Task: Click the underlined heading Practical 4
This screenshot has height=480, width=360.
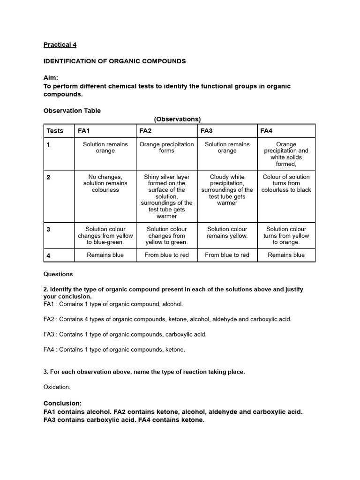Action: pos(60,45)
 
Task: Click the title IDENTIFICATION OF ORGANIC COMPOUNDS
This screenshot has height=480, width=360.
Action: pos(114,61)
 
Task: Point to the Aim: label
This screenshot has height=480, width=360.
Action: pos(51,78)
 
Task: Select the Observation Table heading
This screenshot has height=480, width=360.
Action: pos(72,111)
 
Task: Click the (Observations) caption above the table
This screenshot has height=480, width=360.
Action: pos(177,119)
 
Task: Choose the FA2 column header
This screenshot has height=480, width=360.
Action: pos(145,131)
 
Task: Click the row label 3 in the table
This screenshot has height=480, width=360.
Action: pos(49,230)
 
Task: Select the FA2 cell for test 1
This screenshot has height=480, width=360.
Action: pos(166,148)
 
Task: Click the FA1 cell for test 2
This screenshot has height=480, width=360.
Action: pos(105,183)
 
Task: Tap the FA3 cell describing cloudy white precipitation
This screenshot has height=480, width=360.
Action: pos(227,190)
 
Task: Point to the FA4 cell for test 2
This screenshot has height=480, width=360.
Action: pos(286,183)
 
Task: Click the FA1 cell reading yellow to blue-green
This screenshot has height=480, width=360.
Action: pos(105,236)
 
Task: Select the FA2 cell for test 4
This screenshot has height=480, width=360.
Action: pos(166,255)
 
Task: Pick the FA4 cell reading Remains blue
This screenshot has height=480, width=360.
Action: pos(286,255)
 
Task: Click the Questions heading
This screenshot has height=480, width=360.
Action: pos(58,274)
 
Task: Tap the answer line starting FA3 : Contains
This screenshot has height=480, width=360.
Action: pos(125,334)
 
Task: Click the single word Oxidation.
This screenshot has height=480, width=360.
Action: pos(57,387)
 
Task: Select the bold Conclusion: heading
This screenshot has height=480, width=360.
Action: pos(62,403)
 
